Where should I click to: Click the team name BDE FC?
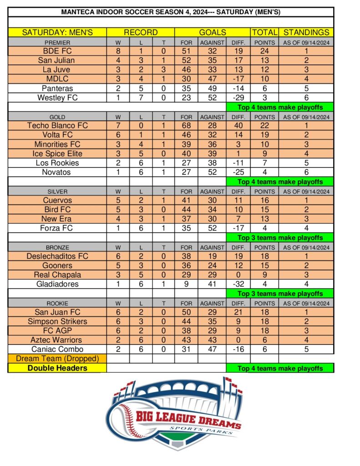(57, 51)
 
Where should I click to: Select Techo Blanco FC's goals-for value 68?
(186, 126)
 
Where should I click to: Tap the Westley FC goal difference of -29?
(238, 97)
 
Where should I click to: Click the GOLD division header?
(57, 116)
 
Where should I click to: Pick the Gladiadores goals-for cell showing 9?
(186, 284)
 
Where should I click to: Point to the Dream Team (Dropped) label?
(57, 359)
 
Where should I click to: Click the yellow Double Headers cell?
(57, 368)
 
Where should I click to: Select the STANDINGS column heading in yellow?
(306, 32)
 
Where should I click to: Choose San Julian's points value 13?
(264, 61)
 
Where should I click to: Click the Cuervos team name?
(57, 200)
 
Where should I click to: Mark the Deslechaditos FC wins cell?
(118, 256)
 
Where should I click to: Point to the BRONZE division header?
(57, 247)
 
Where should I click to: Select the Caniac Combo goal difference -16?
(238, 349)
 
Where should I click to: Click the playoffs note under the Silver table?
(279, 238)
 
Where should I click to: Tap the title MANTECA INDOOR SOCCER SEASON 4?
(170, 12)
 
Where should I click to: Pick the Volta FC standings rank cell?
(306, 135)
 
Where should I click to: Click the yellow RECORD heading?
(141, 32)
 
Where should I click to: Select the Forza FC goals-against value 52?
(212, 228)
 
